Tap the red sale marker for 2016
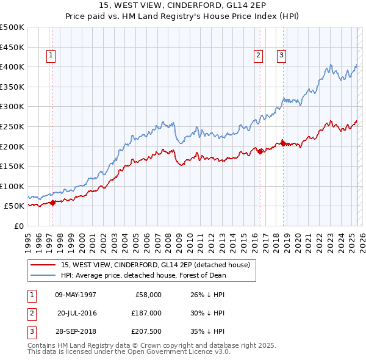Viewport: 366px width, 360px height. pos(260,151)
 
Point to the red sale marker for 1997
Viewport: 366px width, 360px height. pos(52,203)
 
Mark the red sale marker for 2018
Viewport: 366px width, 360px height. pos(283,143)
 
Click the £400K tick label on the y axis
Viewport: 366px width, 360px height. pos(12,67)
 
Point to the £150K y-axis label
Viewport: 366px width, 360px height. pos(12,166)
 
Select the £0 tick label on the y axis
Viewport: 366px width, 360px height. pos(19,226)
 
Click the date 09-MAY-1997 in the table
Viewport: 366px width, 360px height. pos(76,295)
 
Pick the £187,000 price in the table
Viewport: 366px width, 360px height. pos(146,313)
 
